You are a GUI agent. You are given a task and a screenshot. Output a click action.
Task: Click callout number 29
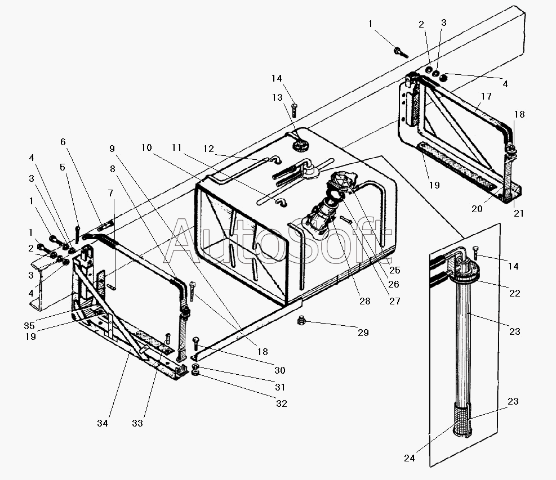pyautogui.click(x=363, y=332)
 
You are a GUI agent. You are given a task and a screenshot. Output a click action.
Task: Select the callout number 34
pyautogui.click(x=103, y=423)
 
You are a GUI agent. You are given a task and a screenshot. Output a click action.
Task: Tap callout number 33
pyautogui.click(x=137, y=423)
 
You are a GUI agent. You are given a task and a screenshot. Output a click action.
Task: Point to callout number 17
pyautogui.click(x=486, y=96)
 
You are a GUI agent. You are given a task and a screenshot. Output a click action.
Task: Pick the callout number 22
pyautogui.click(x=514, y=293)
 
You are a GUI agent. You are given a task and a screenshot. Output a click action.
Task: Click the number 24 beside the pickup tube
pyautogui.click(x=409, y=458)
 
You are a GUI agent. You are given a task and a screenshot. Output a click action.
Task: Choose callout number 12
pyautogui.click(x=208, y=149)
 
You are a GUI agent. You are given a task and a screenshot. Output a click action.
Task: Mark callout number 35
pyautogui.click(x=29, y=326)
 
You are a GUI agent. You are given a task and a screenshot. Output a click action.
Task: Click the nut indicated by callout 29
pyautogui.click(x=301, y=321)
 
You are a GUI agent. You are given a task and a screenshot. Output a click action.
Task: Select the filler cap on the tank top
pyautogui.click(x=300, y=145)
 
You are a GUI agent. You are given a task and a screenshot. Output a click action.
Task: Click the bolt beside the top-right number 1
pyautogui.click(x=401, y=52)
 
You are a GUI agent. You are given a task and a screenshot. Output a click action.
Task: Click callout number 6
pyautogui.click(x=63, y=142)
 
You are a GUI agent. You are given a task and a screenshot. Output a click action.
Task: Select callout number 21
pyautogui.click(x=519, y=213)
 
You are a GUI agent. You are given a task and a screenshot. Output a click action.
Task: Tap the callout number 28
pyautogui.click(x=365, y=301)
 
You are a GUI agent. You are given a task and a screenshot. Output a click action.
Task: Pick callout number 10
pyautogui.click(x=146, y=147)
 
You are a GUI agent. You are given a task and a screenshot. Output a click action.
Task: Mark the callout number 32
pyautogui.click(x=282, y=403)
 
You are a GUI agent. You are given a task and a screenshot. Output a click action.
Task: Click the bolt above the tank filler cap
pyautogui.click(x=294, y=110)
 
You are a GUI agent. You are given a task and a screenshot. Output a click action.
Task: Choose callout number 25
pyautogui.click(x=395, y=270)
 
